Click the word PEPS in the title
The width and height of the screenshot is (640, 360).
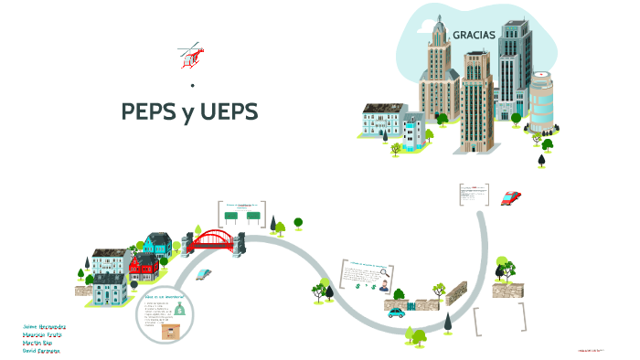(x=149, y=112)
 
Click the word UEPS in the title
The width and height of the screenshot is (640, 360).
(x=226, y=112)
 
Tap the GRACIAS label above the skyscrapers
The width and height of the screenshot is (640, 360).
(x=474, y=35)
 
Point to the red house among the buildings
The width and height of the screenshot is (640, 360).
(x=144, y=267)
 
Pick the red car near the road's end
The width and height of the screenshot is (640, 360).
(x=511, y=196)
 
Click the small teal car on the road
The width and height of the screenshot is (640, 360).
(x=396, y=312)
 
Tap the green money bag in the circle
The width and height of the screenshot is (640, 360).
(x=180, y=310)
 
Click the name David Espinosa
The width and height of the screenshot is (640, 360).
(x=41, y=350)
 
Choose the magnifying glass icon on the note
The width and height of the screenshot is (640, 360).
(x=385, y=271)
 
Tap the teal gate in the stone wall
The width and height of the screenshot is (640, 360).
(x=421, y=304)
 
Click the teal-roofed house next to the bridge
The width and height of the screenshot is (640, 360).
(x=157, y=243)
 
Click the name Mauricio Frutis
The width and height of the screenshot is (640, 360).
(x=41, y=334)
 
